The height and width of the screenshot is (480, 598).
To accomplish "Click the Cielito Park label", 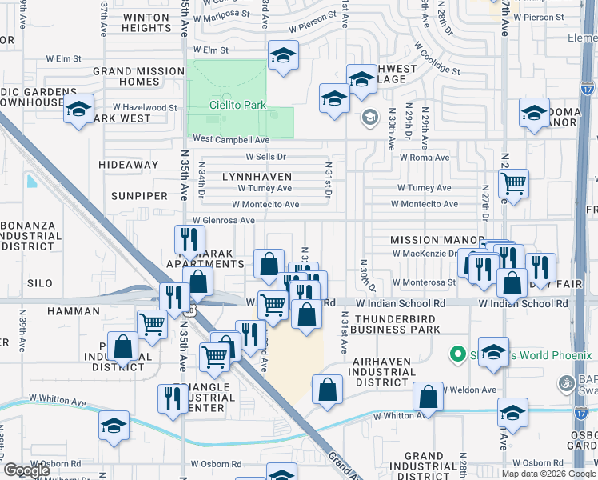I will coord(239,104).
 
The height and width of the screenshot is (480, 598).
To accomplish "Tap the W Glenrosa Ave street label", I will coord(224,221).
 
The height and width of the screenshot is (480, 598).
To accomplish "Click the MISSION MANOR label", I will coord(426,240).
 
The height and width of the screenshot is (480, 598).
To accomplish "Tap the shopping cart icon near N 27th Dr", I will coord(513,182).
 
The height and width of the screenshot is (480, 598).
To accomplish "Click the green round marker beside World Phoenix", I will coord(457,352).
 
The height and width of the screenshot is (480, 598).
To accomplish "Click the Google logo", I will coord(26,470).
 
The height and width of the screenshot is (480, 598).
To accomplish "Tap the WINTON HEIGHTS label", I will coord(135,22).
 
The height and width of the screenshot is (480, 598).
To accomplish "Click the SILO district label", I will coord(39,283).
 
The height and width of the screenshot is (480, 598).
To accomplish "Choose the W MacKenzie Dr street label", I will coord(424,254).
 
